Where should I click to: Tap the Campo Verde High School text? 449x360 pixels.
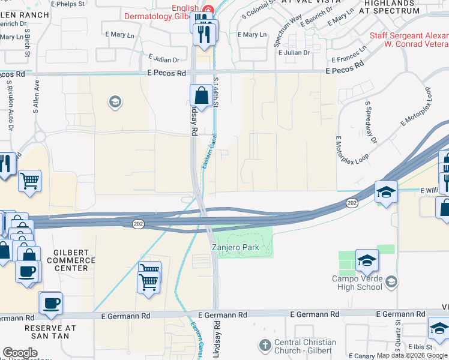(x=357, y=282)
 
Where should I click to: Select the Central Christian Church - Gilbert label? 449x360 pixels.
(x=304, y=346)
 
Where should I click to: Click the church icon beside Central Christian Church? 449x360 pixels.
(x=265, y=345)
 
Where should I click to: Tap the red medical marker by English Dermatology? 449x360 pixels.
(x=208, y=9)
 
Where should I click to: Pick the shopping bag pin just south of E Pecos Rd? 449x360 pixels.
(x=201, y=95)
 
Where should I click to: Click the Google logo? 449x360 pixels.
(x=20, y=353)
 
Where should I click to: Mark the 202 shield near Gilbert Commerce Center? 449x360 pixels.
(x=138, y=223)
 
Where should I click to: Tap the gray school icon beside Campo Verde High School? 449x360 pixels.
(x=391, y=281)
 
